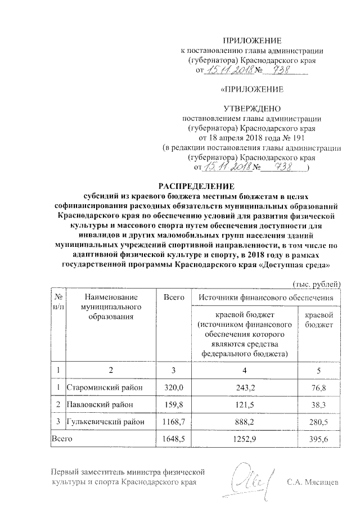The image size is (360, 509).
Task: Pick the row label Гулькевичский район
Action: pos(107,421)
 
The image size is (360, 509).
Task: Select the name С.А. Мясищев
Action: pos(313,483)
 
